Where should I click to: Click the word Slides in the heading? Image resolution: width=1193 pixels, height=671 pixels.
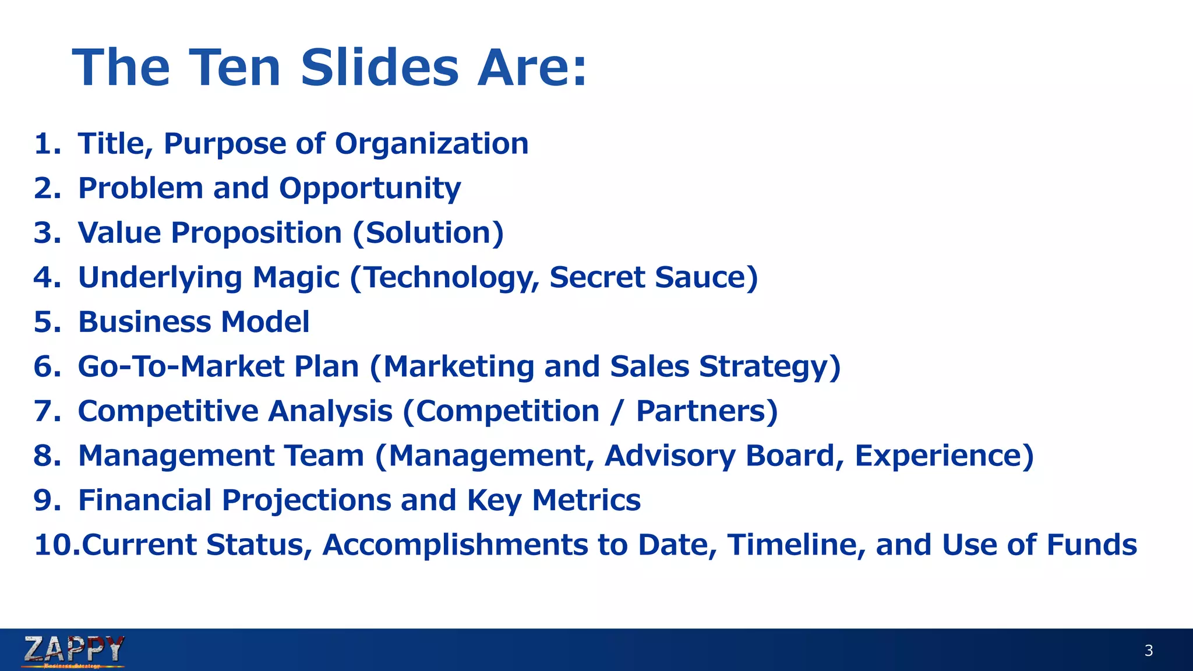click(380, 68)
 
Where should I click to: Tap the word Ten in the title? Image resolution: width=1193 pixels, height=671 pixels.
click(234, 68)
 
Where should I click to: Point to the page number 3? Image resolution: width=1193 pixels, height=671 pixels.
click(1148, 651)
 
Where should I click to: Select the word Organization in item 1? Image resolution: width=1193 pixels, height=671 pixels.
click(432, 144)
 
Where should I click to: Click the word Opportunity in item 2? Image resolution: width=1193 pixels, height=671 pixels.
click(370, 189)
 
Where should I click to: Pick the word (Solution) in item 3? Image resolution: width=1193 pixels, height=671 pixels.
click(428, 233)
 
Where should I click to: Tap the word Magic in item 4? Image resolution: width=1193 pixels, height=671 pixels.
click(296, 277)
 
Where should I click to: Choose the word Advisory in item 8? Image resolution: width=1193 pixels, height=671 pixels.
click(670, 456)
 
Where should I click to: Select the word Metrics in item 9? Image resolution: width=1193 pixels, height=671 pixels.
click(586, 500)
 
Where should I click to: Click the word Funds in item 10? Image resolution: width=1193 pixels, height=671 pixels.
click(1092, 545)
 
